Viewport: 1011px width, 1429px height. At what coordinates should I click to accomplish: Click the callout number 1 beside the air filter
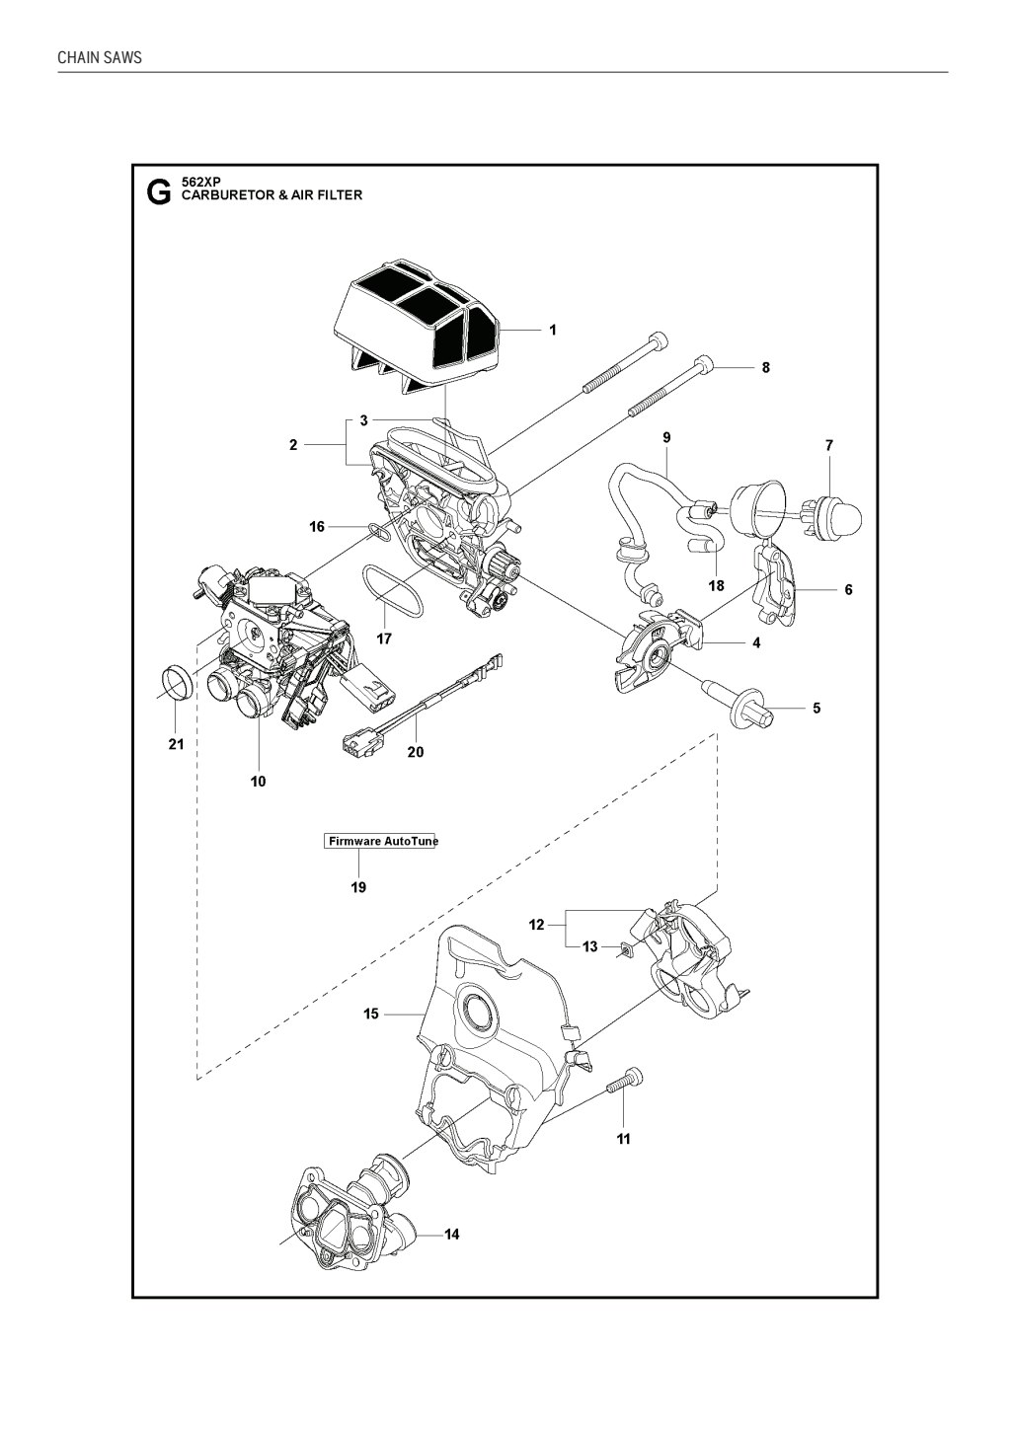pos(553,330)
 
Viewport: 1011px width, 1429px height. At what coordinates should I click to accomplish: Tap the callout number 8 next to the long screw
pos(765,367)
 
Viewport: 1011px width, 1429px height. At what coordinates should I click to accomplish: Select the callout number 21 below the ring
pos(176,744)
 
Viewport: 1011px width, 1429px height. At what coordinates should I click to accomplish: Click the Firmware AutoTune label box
pos(381,841)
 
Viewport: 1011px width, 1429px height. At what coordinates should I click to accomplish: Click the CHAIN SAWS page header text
pos(100,57)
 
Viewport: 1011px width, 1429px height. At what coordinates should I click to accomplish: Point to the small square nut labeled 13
pos(624,951)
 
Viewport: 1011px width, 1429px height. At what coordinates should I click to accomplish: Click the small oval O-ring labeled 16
pos(379,531)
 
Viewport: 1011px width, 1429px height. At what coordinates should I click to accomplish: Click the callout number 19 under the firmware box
pos(358,887)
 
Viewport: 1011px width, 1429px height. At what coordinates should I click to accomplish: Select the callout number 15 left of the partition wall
pos(371,1014)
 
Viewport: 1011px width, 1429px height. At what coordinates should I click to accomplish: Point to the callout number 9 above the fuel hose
pos(667,437)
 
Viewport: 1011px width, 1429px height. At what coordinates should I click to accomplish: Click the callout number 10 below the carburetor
pos(258,781)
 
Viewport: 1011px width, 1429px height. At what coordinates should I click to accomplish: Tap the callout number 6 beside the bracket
pos(848,589)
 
